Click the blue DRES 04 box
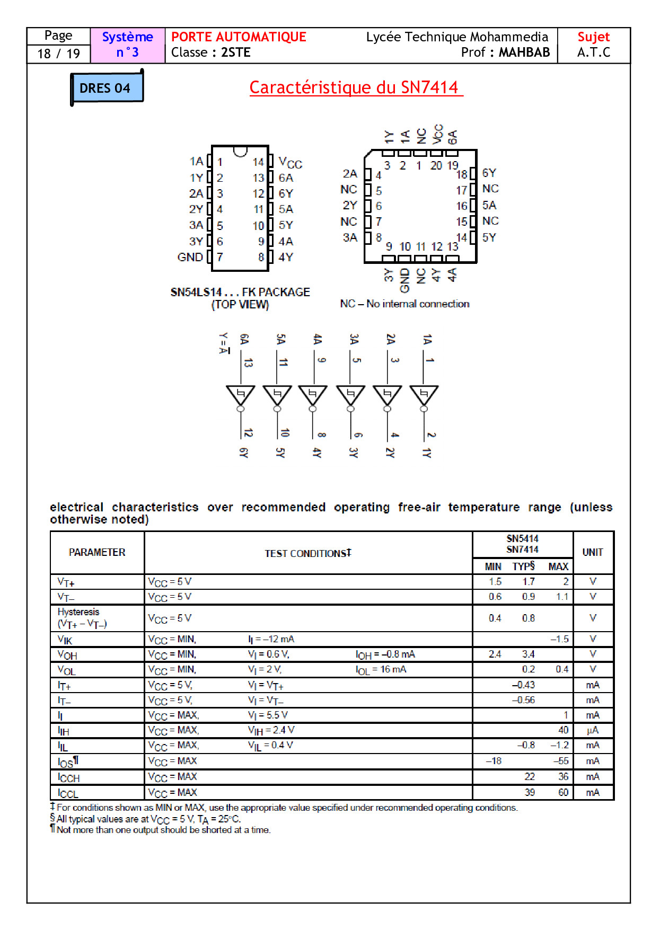(106, 88)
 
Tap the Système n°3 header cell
(127, 45)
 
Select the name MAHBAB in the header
(524, 52)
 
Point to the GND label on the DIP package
(190, 258)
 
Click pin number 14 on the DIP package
(258, 162)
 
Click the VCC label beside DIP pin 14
(290, 163)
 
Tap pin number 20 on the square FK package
(436, 166)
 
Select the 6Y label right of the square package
(489, 173)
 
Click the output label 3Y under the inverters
(353, 452)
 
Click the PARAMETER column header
(97, 552)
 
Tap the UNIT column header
(592, 552)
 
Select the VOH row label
(67, 655)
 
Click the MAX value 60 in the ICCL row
(562, 793)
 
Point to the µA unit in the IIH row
(592, 730)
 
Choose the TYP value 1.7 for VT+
(528, 582)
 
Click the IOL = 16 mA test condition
(381, 670)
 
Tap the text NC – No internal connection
(404, 304)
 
